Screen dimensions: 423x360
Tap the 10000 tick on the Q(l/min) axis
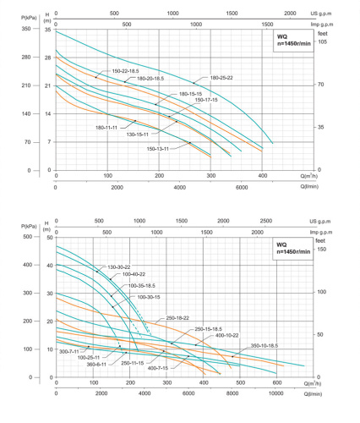276,393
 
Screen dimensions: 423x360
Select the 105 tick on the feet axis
320,41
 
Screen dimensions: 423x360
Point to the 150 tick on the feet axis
321,250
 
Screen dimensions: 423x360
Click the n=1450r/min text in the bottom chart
292,254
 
